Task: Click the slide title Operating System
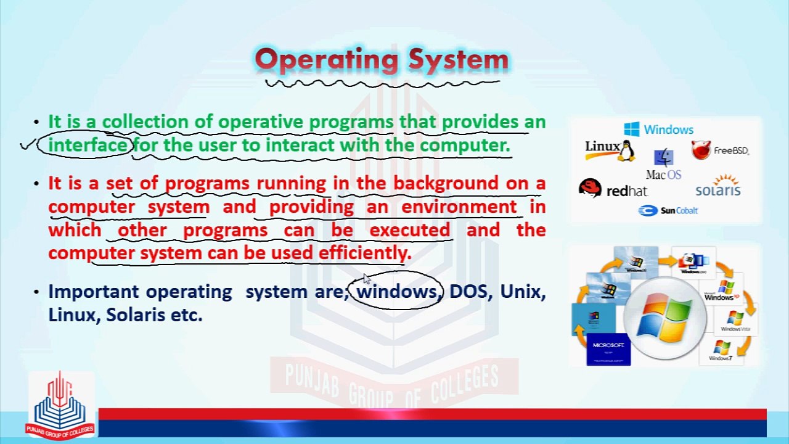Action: coord(382,60)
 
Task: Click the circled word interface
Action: coord(88,146)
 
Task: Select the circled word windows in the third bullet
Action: coord(397,291)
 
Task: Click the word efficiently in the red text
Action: coord(364,253)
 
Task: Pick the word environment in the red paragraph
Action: coord(459,207)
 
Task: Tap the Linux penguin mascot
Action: coord(626,150)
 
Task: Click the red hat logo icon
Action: coord(590,188)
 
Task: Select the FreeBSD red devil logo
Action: coord(701,150)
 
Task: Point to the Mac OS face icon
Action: coord(663,158)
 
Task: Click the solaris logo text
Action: coord(717,190)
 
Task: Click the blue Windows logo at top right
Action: coord(631,129)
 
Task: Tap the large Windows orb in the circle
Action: coord(664,319)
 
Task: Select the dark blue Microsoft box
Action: coord(608,350)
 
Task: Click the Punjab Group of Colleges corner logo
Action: coord(60,404)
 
